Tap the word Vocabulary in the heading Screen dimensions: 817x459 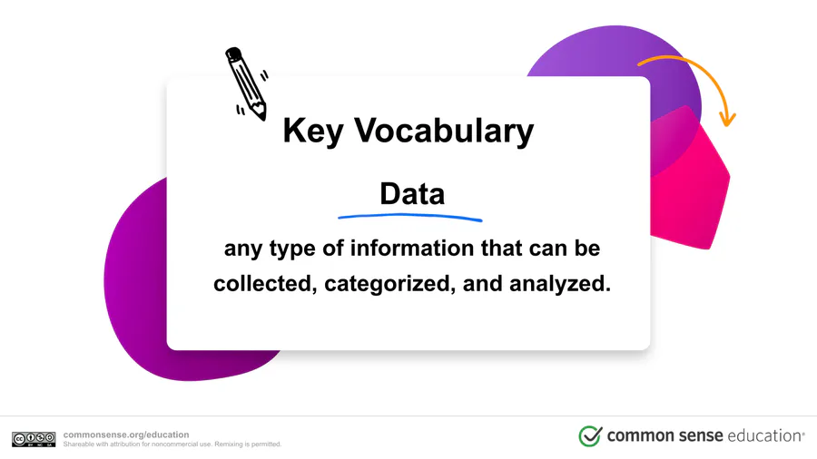point(445,130)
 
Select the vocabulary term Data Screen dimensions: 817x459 point(412,193)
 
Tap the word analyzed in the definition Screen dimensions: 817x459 point(559,284)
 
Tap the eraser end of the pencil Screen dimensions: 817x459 point(233,54)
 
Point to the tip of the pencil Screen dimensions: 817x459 point(264,119)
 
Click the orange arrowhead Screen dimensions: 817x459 point(727,119)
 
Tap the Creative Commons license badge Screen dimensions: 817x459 point(34,439)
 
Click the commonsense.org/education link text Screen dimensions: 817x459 point(126,435)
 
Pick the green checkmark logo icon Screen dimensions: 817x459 point(590,435)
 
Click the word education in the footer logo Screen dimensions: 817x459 point(763,435)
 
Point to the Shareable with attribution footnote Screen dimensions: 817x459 point(172,444)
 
